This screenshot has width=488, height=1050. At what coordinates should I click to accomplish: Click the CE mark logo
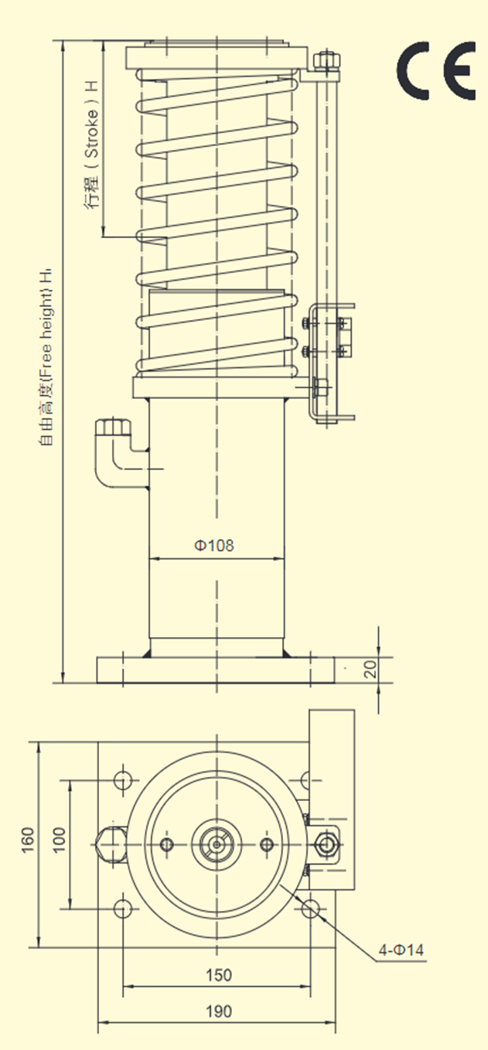click(436, 70)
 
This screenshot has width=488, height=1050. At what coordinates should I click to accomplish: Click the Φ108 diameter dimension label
click(214, 545)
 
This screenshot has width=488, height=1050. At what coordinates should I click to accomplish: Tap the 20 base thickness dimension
click(370, 669)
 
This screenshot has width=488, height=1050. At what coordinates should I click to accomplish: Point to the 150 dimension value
click(219, 975)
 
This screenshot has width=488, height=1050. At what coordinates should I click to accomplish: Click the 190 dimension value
click(219, 1011)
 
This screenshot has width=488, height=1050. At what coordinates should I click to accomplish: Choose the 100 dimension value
click(59, 840)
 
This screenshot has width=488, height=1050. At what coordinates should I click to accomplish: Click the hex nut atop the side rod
click(326, 60)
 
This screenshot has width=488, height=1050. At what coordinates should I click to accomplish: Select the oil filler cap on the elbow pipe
click(113, 428)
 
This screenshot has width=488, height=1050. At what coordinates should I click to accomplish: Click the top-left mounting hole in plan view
click(123, 780)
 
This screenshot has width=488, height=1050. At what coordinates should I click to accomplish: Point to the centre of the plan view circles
click(217, 844)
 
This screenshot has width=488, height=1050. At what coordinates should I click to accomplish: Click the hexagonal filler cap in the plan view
click(110, 844)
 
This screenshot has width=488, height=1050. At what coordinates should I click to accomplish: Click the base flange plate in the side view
click(216, 670)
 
